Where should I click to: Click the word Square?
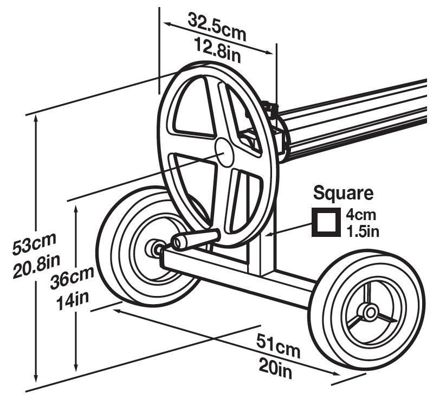(x=344, y=192)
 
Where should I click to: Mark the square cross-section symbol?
(x=324, y=222)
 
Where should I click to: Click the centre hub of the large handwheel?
(x=224, y=152)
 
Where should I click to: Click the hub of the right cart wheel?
(x=371, y=312)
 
